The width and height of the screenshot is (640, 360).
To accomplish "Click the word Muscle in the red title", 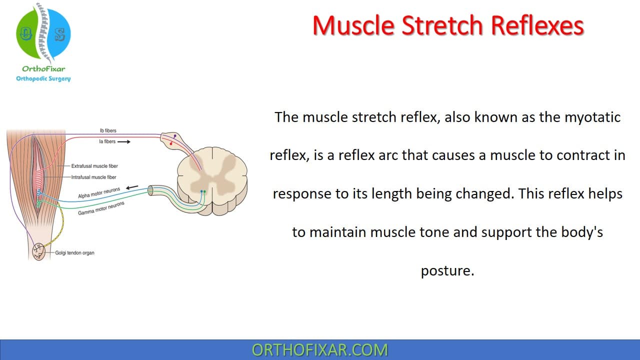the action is [x=353, y=25].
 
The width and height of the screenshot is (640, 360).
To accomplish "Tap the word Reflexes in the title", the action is [x=537, y=25].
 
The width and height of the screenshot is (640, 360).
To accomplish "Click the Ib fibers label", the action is [x=108, y=130].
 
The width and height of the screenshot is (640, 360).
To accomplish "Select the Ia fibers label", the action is [x=107, y=141].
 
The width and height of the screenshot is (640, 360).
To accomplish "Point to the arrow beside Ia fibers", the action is [x=124, y=141].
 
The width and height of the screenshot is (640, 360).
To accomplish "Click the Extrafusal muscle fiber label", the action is [x=94, y=166].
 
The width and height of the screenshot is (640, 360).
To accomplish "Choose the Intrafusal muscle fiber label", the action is [x=93, y=177].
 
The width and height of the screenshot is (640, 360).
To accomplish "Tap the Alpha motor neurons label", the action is [x=99, y=193].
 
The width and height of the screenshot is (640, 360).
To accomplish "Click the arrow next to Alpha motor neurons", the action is [x=132, y=187].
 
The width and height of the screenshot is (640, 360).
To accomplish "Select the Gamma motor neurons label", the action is [x=101, y=208].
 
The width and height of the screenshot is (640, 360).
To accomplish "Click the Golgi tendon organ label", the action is [x=74, y=253].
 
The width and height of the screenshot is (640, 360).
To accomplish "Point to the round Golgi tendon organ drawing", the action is [x=38, y=251].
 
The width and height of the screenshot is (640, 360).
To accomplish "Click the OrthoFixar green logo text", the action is [x=43, y=69].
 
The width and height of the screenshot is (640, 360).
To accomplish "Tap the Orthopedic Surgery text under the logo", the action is [x=43, y=78].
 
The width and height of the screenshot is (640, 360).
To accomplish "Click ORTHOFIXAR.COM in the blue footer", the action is [x=320, y=350].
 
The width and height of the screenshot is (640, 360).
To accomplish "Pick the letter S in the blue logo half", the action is [x=59, y=35].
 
